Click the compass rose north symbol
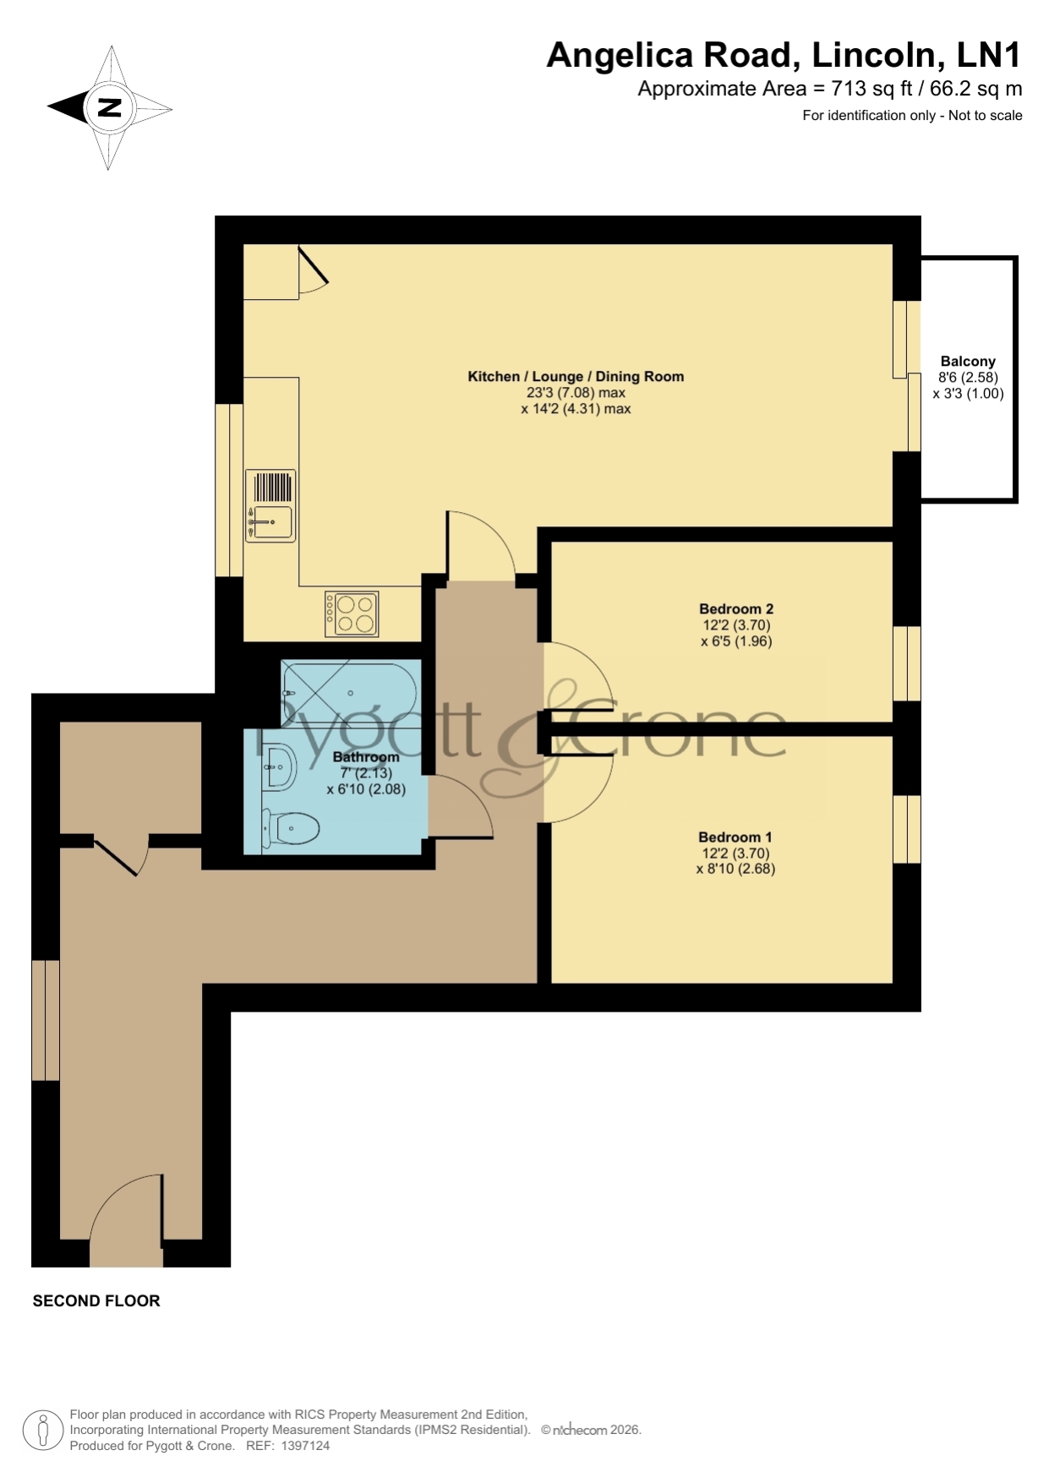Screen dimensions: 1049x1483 110,108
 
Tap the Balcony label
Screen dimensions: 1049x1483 968,361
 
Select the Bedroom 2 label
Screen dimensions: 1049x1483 736,608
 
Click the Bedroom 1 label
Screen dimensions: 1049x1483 735,837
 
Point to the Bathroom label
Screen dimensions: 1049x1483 366,756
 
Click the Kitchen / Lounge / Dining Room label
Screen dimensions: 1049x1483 576,376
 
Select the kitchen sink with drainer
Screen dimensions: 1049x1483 270,505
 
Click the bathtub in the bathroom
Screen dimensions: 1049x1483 349,693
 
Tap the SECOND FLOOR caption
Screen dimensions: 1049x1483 96,1300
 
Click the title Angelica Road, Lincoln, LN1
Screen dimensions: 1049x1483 784,55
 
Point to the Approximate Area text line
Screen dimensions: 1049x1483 829,88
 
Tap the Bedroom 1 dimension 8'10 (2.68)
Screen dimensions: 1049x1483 735,869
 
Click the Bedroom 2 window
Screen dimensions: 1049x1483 907,663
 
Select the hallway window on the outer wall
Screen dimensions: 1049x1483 46,1020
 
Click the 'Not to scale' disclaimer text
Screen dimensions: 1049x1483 986,116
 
